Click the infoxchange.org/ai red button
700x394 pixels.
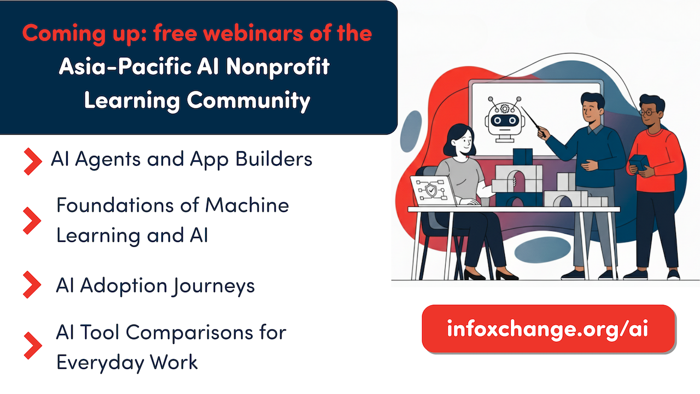(x=548, y=329)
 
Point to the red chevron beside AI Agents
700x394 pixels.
(x=32, y=160)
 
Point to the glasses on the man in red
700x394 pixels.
(x=648, y=112)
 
